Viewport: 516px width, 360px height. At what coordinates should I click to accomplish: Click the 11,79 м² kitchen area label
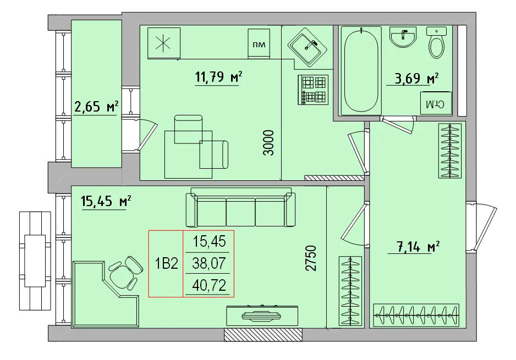click(218, 77)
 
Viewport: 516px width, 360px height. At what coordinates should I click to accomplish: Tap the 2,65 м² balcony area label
click(96, 106)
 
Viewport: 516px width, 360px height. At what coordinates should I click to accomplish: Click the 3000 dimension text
click(268, 143)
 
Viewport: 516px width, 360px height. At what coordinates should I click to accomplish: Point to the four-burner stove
click(314, 90)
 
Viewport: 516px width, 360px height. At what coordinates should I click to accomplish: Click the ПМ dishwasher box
click(259, 43)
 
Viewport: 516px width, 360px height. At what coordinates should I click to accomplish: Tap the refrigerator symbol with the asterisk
click(163, 44)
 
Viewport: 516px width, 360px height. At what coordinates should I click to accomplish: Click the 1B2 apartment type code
click(166, 264)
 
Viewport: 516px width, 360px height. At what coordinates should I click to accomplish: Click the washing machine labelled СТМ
click(437, 104)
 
